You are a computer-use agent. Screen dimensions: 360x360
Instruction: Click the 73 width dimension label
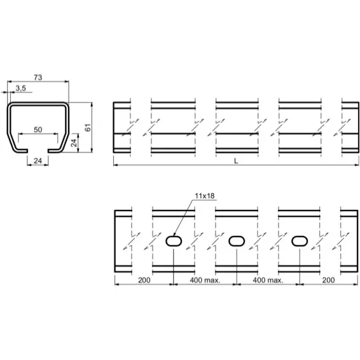tap(38, 77)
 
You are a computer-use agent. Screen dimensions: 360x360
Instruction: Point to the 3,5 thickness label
tap(20, 88)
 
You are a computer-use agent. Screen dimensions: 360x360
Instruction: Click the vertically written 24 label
tap(74, 142)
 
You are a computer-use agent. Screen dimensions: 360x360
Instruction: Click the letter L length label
tap(236, 162)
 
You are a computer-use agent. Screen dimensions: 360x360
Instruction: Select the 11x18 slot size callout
tap(205, 197)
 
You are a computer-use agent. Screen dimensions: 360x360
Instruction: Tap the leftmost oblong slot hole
tap(174, 241)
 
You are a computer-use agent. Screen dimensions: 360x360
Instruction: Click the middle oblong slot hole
tap(237, 241)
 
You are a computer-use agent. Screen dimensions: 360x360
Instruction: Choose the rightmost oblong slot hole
tap(299, 241)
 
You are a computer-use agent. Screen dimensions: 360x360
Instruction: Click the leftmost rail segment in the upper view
tap(121, 127)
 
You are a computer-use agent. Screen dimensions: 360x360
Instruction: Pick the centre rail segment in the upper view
tap(237, 127)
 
